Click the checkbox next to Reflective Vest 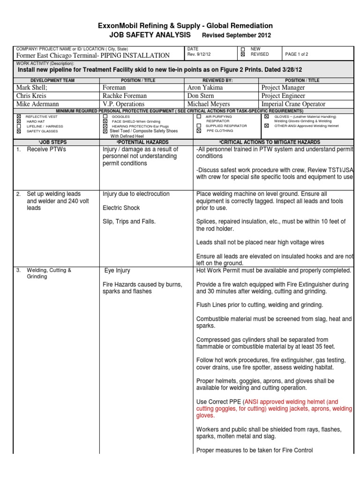(x=19, y=115)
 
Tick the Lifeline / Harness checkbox (x=19, y=126)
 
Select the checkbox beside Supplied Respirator (x=199, y=126)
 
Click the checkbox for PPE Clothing (x=199, y=131)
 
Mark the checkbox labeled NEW (x=243, y=49)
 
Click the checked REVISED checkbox (x=243, y=54)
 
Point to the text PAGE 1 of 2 (x=297, y=54)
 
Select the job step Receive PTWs (x=46, y=150)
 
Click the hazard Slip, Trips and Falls (x=129, y=221)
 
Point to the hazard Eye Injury (x=117, y=270)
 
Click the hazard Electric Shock (x=121, y=208)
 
